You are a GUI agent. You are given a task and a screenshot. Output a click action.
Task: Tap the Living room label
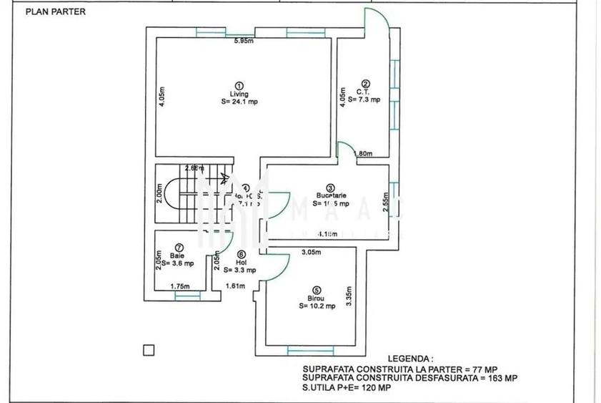click(x=239, y=94)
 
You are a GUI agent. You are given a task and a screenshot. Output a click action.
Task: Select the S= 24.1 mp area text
click(x=239, y=102)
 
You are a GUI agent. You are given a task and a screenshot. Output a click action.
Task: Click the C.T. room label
click(x=362, y=91)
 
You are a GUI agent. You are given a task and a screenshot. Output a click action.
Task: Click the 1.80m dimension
click(x=363, y=154)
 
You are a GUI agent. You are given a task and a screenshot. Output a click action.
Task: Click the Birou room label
click(x=317, y=298)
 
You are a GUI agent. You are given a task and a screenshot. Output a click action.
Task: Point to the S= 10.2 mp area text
click(x=317, y=306)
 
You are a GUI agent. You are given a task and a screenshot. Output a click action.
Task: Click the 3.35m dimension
click(x=349, y=293)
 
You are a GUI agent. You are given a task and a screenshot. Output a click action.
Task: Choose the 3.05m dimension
click(x=311, y=253)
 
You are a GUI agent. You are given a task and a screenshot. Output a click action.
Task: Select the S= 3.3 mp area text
click(x=240, y=270)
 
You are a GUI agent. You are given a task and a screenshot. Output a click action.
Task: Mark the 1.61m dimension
click(x=235, y=286)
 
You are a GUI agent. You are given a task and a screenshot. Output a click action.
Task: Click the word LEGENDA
click(x=410, y=358)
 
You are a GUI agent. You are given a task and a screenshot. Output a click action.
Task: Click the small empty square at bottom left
click(x=149, y=350)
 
